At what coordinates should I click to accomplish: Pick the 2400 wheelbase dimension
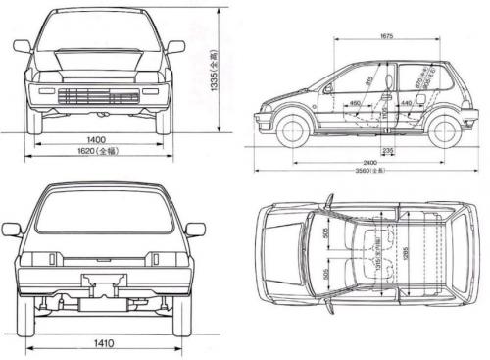click(x=369, y=159)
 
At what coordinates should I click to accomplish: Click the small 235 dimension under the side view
click(x=388, y=149)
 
